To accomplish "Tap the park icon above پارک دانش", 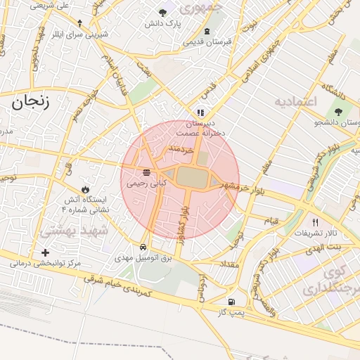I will pos(163,13).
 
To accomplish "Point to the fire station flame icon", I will pos(85,190).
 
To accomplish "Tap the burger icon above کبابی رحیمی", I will pos(146,172).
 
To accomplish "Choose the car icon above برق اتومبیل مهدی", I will pos(143,247).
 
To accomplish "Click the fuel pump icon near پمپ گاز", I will pos(231,302).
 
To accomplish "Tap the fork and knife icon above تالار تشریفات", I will pos(315,222).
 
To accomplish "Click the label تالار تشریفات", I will pos(316,233).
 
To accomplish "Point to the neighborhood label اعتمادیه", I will pos(297,102).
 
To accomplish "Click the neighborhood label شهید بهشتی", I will pos(74,230).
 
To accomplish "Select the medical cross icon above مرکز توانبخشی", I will pos(46,252).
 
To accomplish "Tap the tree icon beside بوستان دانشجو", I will pos(338,112).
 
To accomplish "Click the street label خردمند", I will pos(181,150).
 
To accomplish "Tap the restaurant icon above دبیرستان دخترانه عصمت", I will pos(200,112).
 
